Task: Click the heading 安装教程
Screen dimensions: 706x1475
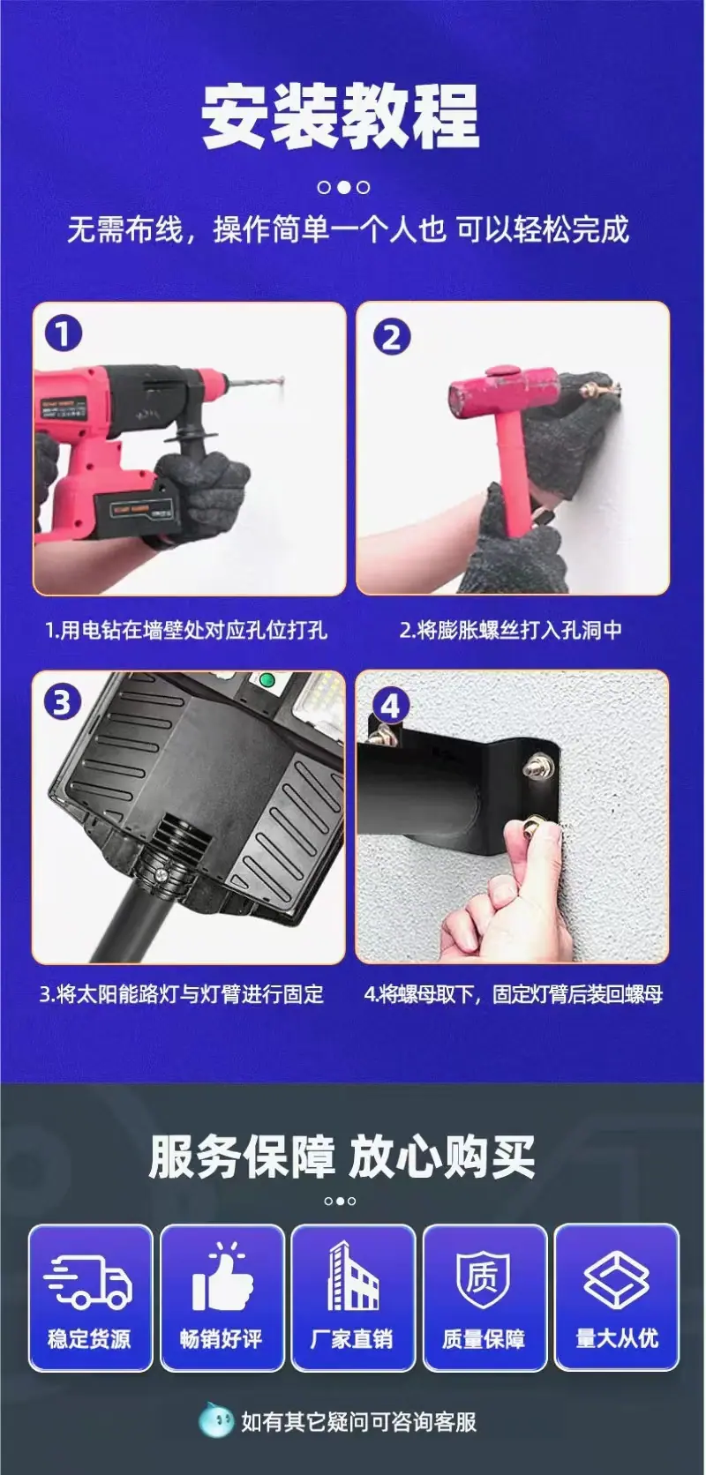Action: pos(340,116)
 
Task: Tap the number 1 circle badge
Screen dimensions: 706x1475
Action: pos(64,333)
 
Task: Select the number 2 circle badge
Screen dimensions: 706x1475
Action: pos(391,337)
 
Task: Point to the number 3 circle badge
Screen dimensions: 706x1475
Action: pos(61,703)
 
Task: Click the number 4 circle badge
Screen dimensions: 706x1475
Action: pos(391,707)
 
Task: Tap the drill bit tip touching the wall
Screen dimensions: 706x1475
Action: pos(282,380)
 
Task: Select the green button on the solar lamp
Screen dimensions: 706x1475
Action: pos(267,679)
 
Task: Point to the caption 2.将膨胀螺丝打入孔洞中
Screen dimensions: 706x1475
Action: pos(510,630)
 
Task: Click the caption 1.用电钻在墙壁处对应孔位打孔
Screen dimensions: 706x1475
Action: pos(186,630)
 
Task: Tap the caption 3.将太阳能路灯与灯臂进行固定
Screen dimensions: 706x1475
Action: pos(181,994)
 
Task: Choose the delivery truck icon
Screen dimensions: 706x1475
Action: pos(88,1279)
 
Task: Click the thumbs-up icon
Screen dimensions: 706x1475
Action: pos(222,1277)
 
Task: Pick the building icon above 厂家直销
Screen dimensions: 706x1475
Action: pos(353,1276)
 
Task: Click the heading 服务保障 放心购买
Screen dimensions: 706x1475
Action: pos(342,1157)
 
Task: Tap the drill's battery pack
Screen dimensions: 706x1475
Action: pos(136,514)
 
